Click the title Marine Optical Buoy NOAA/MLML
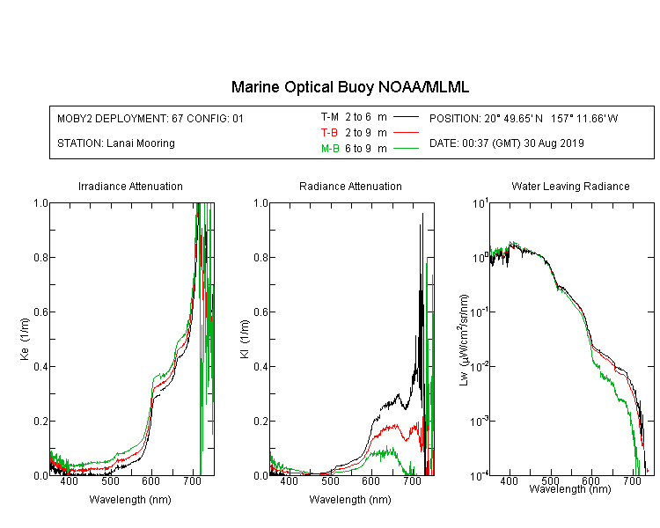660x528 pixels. coord(350,87)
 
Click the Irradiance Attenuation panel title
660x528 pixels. coord(130,186)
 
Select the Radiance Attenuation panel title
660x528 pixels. coord(350,186)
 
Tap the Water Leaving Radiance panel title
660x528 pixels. coord(570,186)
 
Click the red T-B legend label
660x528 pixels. coord(329,133)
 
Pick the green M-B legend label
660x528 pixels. coord(330,149)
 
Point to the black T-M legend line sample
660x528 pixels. coord(406,117)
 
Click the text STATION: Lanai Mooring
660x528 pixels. coord(116,143)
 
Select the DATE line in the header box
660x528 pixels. coord(507,143)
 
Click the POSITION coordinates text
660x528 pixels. coord(524,118)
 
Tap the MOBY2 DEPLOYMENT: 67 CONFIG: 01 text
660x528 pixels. coord(150,118)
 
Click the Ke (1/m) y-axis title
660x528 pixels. coord(25,339)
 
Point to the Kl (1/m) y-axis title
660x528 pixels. coord(245,339)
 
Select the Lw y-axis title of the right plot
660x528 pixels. coord(464,340)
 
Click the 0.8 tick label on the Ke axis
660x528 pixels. coord(40,257)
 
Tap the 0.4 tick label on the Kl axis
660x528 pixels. coord(261,366)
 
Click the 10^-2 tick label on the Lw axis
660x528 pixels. coord(480,365)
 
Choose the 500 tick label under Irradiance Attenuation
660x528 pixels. coord(110,480)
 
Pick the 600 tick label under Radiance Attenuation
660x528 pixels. coord(371,480)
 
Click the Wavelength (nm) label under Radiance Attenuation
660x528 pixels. coord(350,499)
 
